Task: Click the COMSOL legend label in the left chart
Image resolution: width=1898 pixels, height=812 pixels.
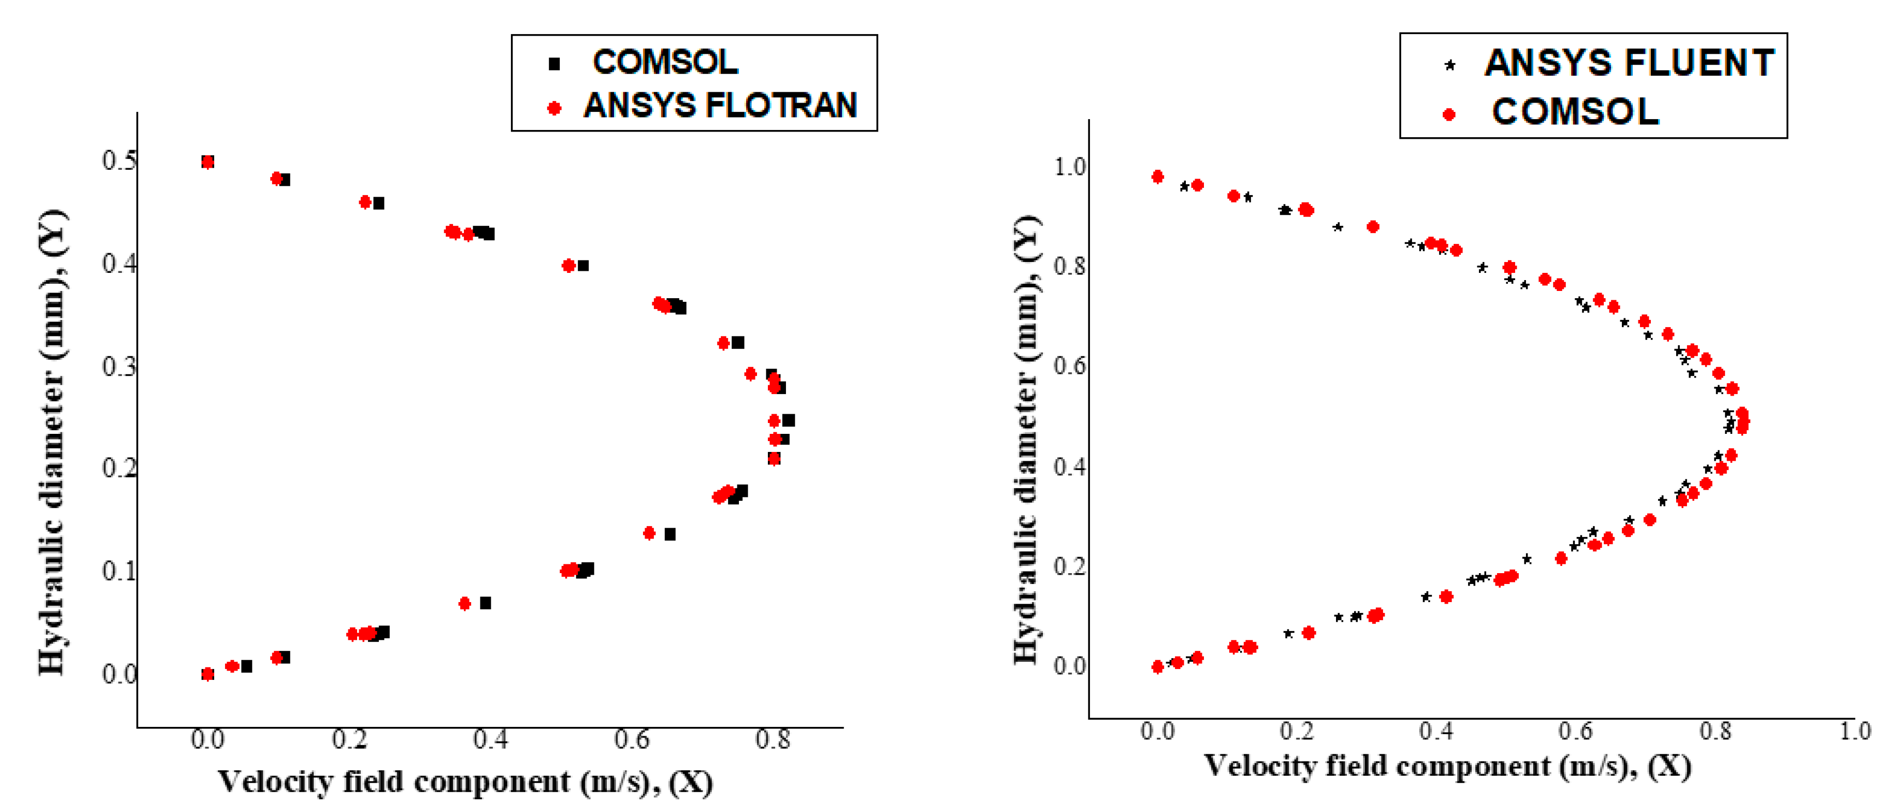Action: coord(665,62)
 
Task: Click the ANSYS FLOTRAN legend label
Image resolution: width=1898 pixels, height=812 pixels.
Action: coord(720,105)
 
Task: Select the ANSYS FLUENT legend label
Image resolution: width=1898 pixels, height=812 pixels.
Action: coord(1629,62)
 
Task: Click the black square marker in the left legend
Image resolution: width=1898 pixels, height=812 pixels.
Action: coord(554,64)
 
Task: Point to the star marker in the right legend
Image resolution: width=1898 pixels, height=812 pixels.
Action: coord(1449,66)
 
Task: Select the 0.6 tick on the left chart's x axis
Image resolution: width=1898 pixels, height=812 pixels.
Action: coord(632,739)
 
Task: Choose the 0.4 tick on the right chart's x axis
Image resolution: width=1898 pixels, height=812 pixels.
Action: coord(1436,732)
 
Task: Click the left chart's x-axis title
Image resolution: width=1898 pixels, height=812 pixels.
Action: coord(465,782)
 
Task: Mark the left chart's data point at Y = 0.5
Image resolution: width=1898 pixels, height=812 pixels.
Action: coord(208,162)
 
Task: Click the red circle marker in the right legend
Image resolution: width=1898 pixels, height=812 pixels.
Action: coord(1449,114)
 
